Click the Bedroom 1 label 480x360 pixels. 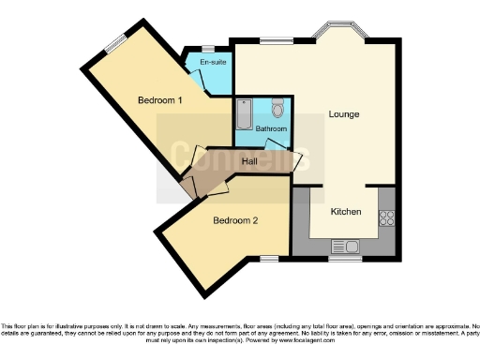pos(159,100)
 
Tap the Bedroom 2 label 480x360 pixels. pos(234,220)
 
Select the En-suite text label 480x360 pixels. pos(213,62)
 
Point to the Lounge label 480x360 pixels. pos(343,114)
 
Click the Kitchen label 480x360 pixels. pos(345,212)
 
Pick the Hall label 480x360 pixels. pos(249,162)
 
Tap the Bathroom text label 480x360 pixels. pos(271,128)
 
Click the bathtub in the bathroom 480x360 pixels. pos(244,115)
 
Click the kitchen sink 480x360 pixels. pos(344,246)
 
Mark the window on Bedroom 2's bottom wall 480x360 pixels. pos(269,257)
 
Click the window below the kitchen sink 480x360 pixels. pos(341,258)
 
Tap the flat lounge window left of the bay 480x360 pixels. pos(275,39)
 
